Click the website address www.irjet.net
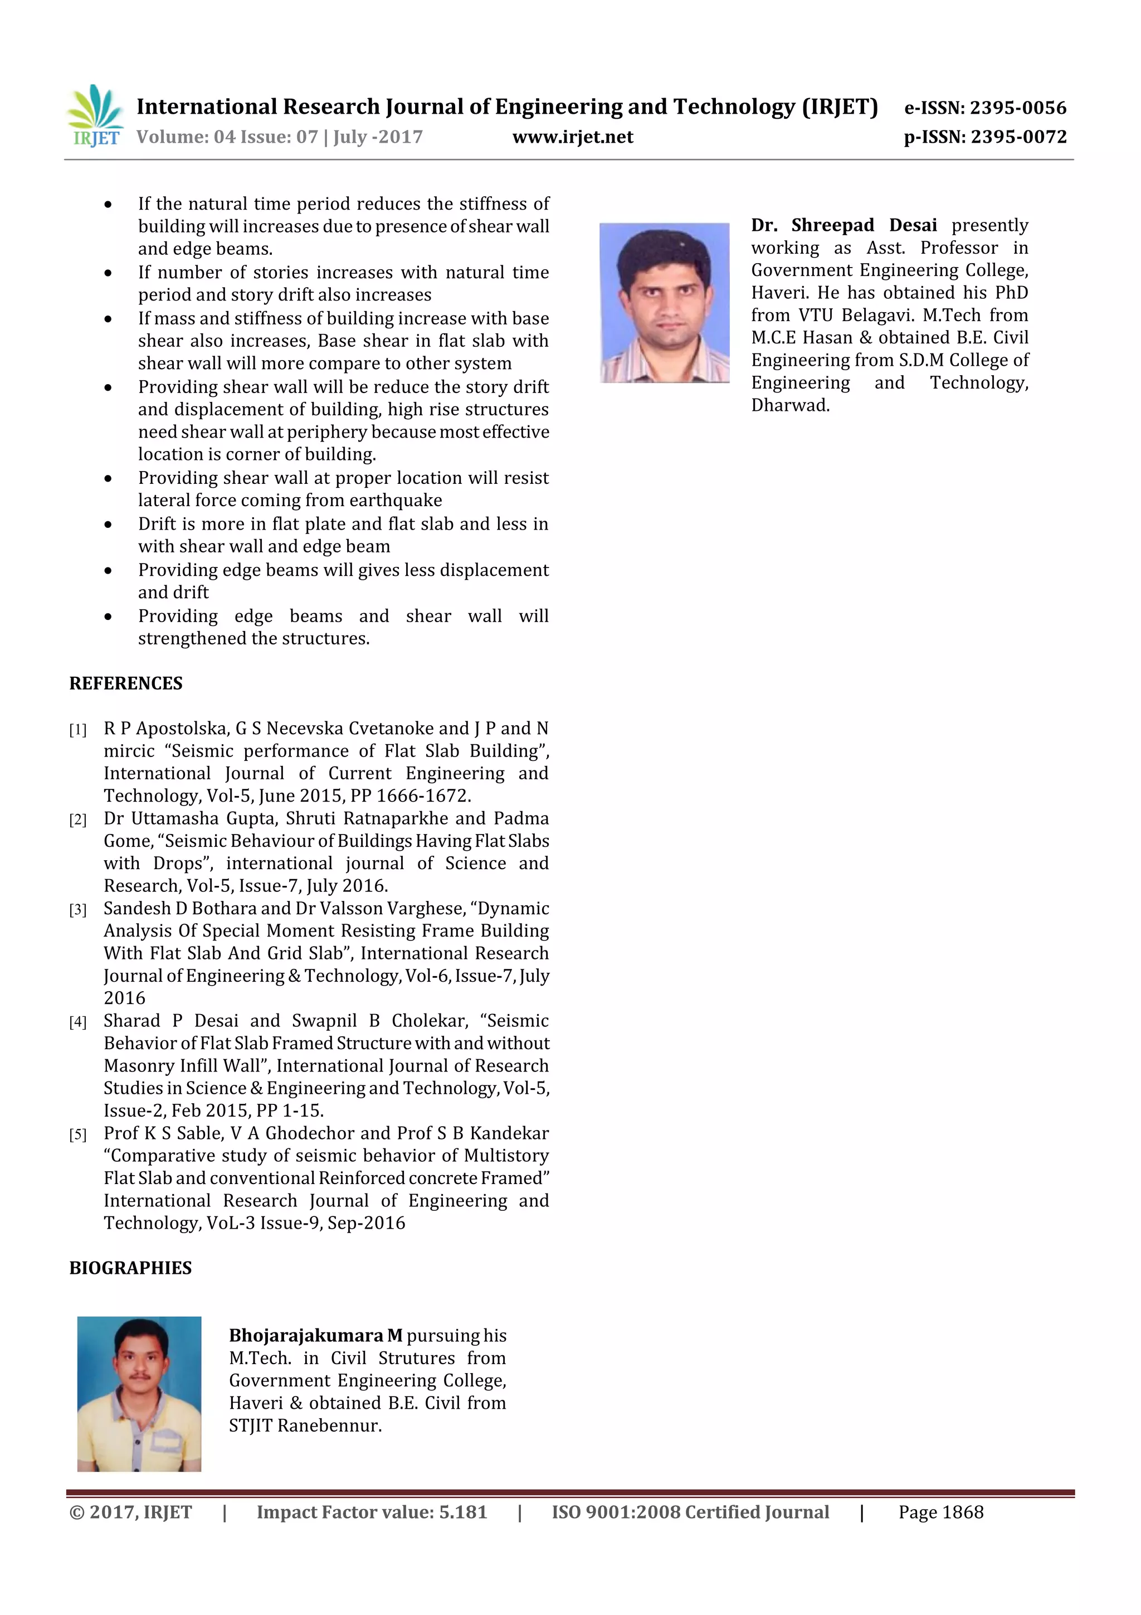[572, 137]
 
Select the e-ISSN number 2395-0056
[1018, 108]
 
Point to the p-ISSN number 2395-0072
[1018, 137]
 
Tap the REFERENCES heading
[126, 683]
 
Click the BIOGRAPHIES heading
[130, 1268]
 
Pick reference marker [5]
[77, 1135]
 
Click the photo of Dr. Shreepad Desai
[664, 303]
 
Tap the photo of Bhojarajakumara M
[139, 1394]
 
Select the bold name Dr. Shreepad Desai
[843, 225]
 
